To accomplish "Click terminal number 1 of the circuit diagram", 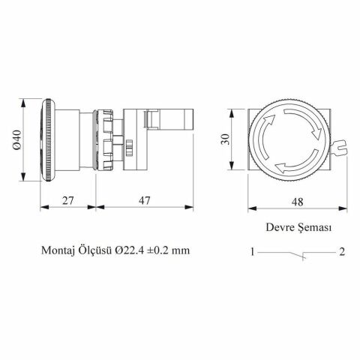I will pos(254,251).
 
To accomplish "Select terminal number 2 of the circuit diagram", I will pos(341,251).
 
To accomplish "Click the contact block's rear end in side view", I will pos(189,119).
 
